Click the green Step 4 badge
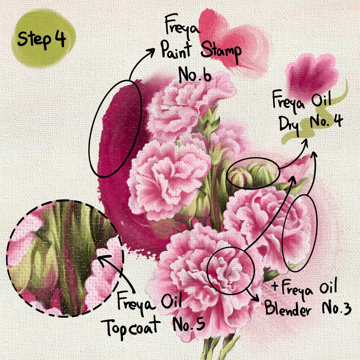click(44, 39)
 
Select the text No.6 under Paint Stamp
click(195, 75)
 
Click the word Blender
click(288, 308)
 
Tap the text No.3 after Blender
click(337, 308)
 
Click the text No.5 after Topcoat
click(189, 323)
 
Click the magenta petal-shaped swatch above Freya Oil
click(312, 73)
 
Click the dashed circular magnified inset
click(65, 258)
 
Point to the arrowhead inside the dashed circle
click(102, 259)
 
